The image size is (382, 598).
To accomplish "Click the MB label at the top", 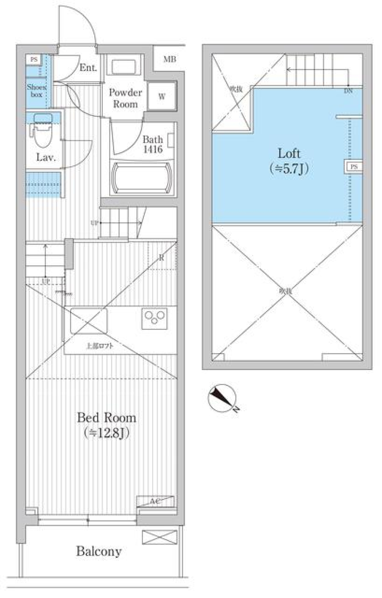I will click(170, 60).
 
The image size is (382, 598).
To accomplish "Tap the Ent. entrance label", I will click(88, 68).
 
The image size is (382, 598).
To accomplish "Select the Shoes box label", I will click(37, 91).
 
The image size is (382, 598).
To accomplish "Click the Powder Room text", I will click(125, 98).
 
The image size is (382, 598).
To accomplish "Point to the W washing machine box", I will click(162, 96).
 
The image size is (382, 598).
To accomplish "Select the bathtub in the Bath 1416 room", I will click(142, 178).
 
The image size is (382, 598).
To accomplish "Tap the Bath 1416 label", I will click(153, 144).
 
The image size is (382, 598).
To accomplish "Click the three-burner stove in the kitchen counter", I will click(155, 318).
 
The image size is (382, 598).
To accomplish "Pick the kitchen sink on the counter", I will click(89, 320).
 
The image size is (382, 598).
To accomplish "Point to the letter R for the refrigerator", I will click(162, 258).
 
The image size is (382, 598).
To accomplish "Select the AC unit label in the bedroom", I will click(155, 501).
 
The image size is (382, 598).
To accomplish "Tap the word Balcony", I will click(99, 551).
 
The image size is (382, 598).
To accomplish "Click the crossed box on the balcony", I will click(159, 537).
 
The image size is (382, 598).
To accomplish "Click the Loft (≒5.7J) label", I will click(289, 161).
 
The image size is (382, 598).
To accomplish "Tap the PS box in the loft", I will click(354, 167).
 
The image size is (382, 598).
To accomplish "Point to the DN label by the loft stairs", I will click(348, 91).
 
